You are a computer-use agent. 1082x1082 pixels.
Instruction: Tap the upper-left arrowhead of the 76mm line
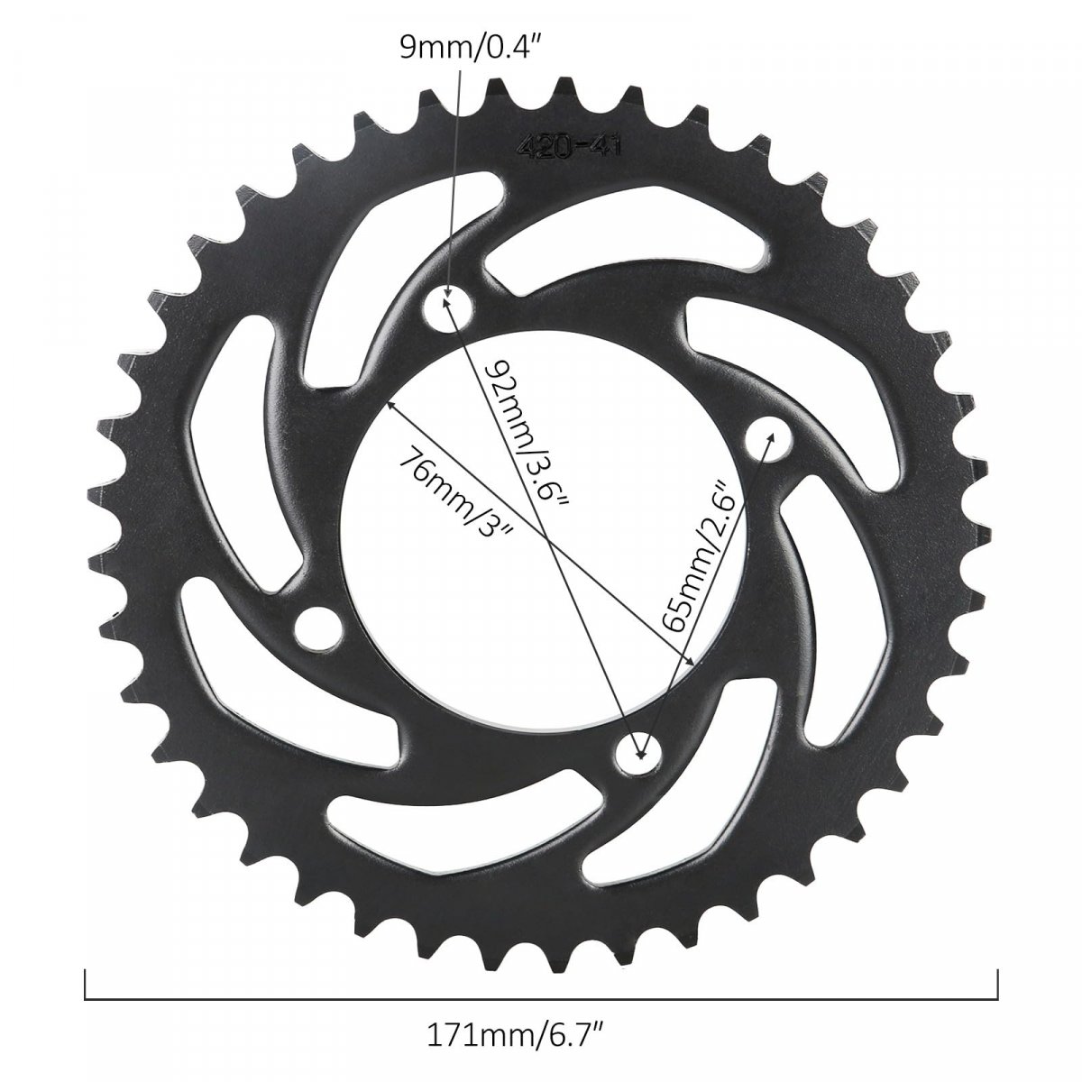(x=390, y=406)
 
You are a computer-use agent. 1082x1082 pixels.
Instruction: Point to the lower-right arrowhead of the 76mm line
(x=692, y=660)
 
